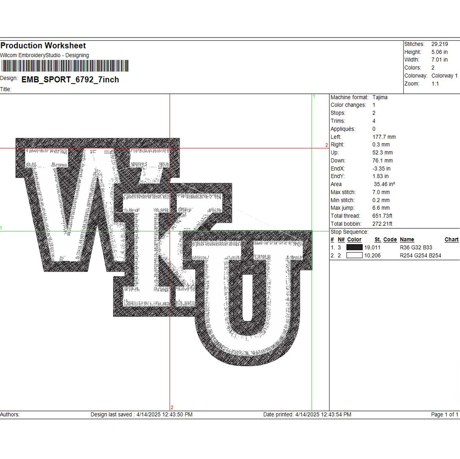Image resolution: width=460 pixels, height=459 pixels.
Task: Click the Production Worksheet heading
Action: [x=43, y=46]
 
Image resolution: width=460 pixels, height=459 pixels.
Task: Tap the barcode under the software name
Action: [x=65, y=66]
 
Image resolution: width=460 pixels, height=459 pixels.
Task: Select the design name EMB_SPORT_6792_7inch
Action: [x=70, y=80]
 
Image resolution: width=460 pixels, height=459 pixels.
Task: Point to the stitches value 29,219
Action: [x=439, y=44]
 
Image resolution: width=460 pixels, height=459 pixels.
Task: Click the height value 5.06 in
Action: [x=439, y=52]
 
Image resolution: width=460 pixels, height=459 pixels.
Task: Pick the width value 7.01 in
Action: [x=439, y=60]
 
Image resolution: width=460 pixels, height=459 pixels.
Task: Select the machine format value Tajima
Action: [x=380, y=97]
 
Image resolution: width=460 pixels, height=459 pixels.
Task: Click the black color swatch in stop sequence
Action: [x=355, y=247]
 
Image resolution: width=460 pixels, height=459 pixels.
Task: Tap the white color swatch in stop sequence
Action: [x=355, y=255]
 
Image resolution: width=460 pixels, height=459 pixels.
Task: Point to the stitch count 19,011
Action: [x=372, y=247]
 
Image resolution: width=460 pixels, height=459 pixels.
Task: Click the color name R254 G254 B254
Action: [x=420, y=255]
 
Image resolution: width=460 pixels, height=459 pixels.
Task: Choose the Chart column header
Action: [x=451, y=239]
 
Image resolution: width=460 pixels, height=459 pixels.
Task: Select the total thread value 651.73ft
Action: [x=382, y=216]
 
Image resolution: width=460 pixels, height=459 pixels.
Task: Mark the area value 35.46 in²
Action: [x=384, y=184]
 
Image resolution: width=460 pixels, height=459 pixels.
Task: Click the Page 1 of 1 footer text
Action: [x=445, y=414]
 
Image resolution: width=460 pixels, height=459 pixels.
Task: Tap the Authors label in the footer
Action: [x=10, y=414]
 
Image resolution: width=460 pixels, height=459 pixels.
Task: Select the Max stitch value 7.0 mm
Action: [x=381, y=192]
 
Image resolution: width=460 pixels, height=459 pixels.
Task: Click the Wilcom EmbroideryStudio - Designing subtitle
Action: [x=44, y=55]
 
